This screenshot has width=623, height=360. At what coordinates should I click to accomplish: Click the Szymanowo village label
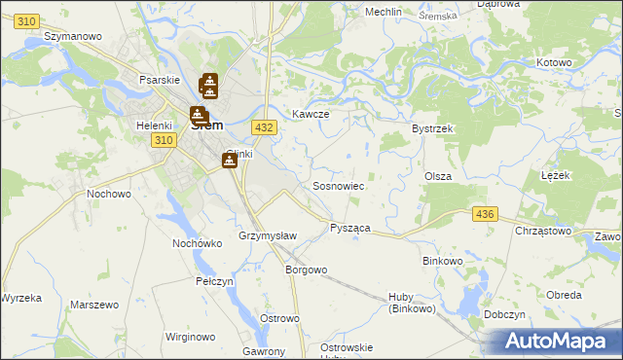click(73, 35)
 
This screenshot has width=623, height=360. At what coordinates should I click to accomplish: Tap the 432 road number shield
click(263, 127)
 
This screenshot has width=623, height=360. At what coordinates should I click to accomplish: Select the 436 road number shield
click(484, 213)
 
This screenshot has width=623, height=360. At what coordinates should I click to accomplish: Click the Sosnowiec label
click(338, 185)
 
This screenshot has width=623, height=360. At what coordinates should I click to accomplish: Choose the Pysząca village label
click(350, 227)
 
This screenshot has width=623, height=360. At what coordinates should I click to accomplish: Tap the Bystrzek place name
click(433, 128)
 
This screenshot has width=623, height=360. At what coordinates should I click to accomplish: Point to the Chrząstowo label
click(543, 231)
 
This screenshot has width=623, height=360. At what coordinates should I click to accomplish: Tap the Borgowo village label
click(305, 270)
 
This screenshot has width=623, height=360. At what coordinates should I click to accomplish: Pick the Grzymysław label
click(261, 236)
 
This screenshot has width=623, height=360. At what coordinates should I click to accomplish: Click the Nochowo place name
click(109, 194)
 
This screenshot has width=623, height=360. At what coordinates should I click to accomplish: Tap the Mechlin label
click(384, 12)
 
